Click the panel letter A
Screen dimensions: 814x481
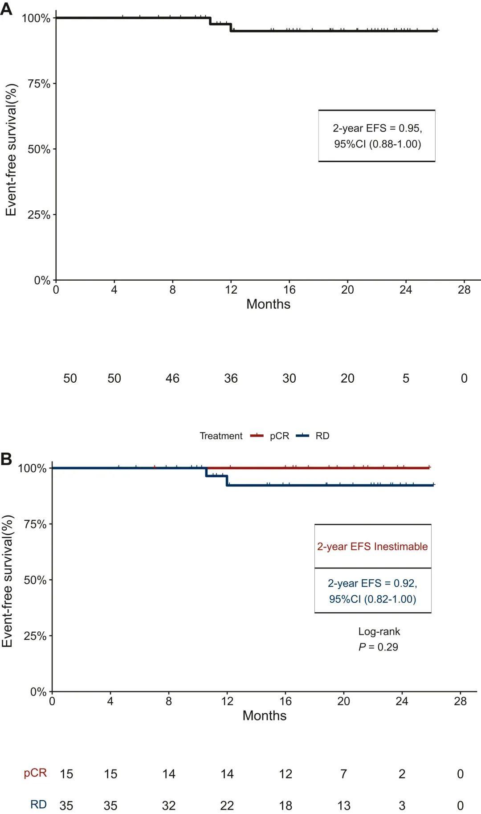coord(6,8)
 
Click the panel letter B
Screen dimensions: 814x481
coord(6,459)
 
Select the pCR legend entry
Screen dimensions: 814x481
coord(279,436)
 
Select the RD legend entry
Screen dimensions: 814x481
coord(322,436)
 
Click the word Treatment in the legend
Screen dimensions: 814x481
coord(221,436)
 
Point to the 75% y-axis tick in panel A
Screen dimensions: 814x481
coord(39,84)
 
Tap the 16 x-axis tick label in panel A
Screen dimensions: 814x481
coord(289,290)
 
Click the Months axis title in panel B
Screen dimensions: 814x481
coord(265,716)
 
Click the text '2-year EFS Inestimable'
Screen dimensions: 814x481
coord(372,546)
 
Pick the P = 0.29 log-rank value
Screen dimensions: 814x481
coord(378,647)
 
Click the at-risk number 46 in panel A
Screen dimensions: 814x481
coord(172,378)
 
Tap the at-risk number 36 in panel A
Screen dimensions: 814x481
coord(231,378)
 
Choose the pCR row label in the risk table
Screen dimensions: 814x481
coord(35,773)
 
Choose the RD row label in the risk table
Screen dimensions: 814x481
coord(38,805)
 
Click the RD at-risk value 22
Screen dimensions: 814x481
coord(227,806)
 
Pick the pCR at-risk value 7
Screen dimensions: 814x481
coord(344,774)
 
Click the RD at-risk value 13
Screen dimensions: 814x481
coord(344,806)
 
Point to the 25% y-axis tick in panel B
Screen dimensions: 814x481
coord(35,636)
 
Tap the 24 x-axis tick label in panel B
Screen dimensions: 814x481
coord(402,701)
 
